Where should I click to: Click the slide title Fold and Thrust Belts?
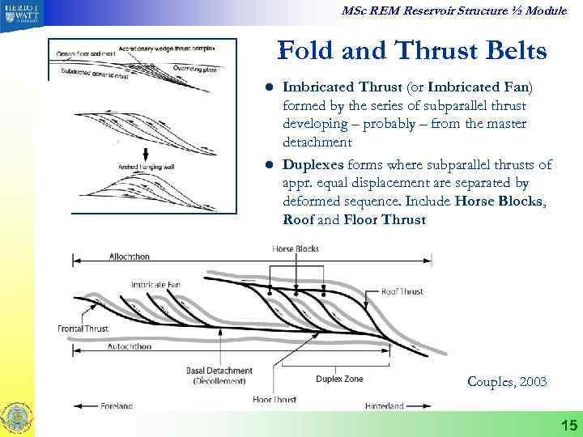[x=411, y=53]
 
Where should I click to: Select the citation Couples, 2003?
[x=506, y=381]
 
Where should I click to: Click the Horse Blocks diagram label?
[x=296, y=249]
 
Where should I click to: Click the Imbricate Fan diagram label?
[x=156, y=285]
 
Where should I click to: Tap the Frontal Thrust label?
[x=83, y=329]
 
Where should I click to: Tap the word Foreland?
[x=117, y=405]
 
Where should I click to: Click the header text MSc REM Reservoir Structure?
[x=441, y=10]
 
